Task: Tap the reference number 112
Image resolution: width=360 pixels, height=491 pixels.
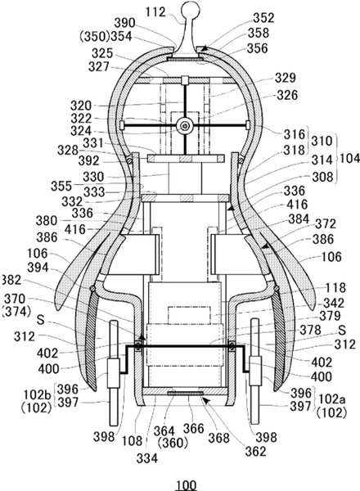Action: (155, 12)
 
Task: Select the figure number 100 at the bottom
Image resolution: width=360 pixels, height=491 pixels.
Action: (186, 484)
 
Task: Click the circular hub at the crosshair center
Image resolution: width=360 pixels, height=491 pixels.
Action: (186, 126)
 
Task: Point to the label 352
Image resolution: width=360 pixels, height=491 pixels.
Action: (264, 18)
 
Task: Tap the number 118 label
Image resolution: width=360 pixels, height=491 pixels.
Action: (335, 288)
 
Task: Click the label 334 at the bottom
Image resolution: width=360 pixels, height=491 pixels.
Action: (146, 459)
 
